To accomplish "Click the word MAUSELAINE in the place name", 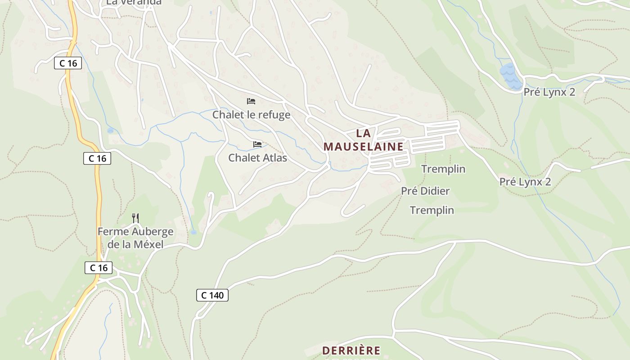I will (363, 147).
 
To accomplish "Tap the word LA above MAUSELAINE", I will (363, 133).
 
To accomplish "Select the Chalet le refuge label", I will (251, 115).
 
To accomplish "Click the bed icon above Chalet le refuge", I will (251, 101).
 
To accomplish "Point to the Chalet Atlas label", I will (257, 158).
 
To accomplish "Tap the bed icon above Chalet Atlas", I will (257, 144).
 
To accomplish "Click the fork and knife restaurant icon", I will (135, 218).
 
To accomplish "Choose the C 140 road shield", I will (212, 295).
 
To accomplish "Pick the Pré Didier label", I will (425, 191).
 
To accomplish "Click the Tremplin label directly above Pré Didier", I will (443, 169).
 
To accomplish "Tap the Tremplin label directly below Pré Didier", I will (432, 210).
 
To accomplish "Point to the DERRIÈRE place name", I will (351, 351).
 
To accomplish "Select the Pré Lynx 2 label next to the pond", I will (549, 92).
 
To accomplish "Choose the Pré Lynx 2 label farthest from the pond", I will (525, 182).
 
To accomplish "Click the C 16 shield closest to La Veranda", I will (68, 63).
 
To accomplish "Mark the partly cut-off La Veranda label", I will (134, 3).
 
